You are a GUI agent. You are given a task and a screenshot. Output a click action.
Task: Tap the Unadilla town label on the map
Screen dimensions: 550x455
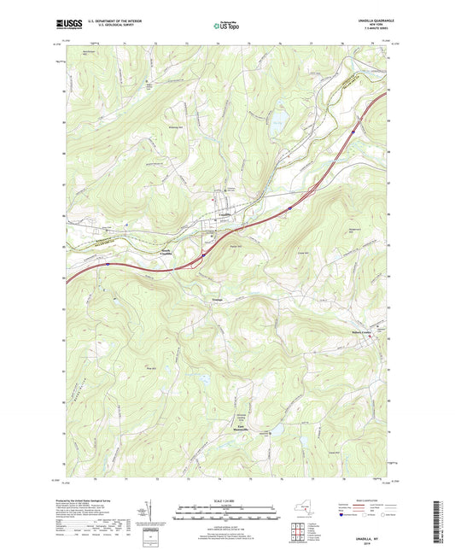coord(225,214)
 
